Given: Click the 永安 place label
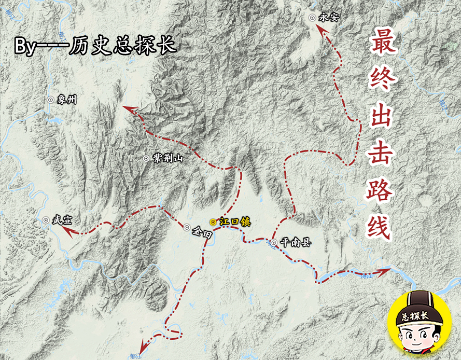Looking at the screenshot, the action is (x=329, y=17).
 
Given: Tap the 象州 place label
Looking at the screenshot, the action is (x=67, y=100).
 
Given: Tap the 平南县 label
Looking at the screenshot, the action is (x=295, y=242).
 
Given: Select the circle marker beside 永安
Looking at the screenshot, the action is (x=312, y=18).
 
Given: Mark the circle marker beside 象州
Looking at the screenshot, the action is (x=50, y=100).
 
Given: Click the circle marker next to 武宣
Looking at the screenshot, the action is (x=46, y=220).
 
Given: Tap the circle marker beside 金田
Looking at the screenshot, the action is (x=186, y=227).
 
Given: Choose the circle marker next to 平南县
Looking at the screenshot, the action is (x=273, y=242).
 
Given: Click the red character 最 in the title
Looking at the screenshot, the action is (x=383, y=45).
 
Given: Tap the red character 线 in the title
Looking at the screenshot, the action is (x=383, y=228).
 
